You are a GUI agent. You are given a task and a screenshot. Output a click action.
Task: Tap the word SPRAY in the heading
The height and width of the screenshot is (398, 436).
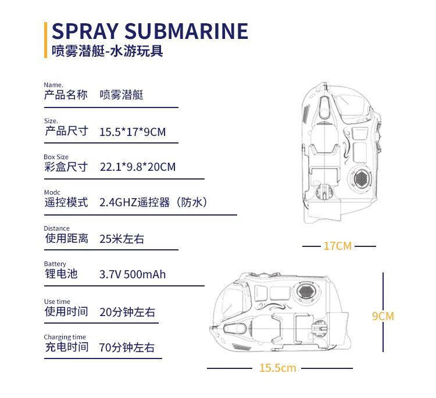click(85, 31)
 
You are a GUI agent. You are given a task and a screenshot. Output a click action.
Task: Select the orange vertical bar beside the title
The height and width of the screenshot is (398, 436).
click(46, 40)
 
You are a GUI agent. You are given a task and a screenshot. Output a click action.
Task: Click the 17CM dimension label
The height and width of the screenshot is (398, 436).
click(338, 246)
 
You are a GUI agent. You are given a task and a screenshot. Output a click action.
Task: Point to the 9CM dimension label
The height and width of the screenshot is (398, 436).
click(383, 316)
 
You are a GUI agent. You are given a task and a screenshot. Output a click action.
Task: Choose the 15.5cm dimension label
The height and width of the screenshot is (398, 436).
click(278, 368)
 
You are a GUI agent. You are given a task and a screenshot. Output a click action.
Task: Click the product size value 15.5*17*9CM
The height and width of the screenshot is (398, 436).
click(133, 132)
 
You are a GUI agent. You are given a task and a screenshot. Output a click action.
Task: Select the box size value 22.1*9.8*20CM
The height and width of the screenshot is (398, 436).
click(137, 167)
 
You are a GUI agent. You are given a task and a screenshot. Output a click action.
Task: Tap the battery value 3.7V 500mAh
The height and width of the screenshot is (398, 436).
click(133, 274)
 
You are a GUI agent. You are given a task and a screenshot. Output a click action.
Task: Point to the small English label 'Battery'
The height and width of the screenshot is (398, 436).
click(55, 264)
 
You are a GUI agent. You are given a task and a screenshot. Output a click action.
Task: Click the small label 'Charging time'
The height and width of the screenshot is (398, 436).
click(65, 337)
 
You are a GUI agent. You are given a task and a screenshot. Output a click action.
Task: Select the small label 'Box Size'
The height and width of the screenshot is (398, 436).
click(56, 157)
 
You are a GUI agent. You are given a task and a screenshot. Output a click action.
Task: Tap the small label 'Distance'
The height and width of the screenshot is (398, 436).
click(56, 228)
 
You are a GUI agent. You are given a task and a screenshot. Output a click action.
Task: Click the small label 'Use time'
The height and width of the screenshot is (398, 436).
click(57, 302)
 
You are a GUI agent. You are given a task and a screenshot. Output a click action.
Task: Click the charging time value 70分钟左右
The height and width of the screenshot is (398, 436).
click(127, 348)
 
